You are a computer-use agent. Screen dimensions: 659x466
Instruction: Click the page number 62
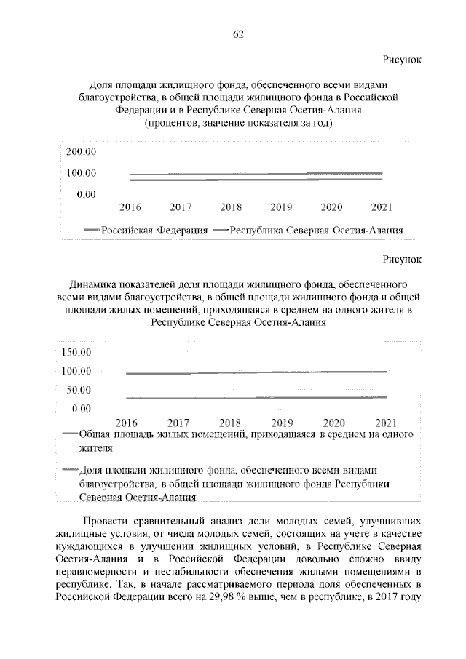(x=237, y=34)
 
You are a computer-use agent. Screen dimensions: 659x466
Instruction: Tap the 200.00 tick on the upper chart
(x=82, y=152)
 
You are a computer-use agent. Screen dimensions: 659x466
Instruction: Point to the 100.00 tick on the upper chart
(x=82, y=173)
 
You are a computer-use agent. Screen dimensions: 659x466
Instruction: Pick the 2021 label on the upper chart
(x=382, y=207)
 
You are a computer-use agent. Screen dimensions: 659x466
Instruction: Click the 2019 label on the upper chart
(x=281, y=207)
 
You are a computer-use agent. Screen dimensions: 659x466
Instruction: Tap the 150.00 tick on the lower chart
(x=76, y=354)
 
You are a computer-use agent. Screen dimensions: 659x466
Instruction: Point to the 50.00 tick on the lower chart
(x=79, y=390)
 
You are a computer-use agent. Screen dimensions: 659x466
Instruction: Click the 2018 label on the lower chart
(x=230, y=422)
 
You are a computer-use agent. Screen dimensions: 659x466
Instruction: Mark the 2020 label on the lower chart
(x=333, y=422)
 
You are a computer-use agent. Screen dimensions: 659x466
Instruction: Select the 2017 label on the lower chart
(x=178, y=422)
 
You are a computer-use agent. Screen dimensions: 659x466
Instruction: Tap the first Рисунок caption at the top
(x=402, y=58)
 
